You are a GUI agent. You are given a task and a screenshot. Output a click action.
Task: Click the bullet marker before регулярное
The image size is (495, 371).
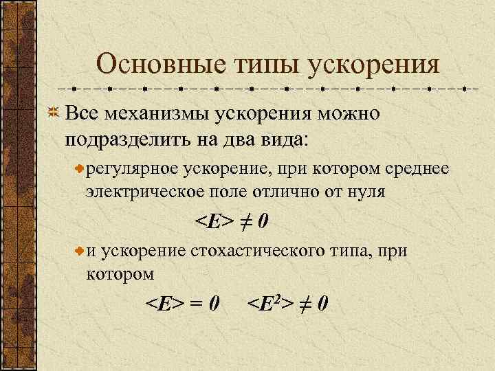click(x=80, y=169)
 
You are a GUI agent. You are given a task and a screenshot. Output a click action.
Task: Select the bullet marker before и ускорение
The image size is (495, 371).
click(x=80, y=252)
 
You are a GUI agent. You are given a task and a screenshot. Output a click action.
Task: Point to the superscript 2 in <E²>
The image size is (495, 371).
click(x=280, y=297)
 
